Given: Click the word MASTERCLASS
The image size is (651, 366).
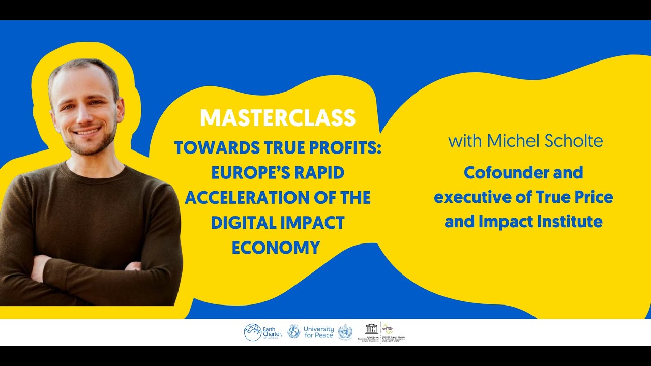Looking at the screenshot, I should [278, 118].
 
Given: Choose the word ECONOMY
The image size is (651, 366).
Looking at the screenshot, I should [276, 247].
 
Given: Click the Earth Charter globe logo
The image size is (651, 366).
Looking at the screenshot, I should [252, 332].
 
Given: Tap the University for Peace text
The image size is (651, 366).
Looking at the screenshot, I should [319, 332].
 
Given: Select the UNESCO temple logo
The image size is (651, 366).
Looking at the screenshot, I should [372, 329].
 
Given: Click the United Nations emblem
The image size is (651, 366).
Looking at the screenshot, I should [345, 332].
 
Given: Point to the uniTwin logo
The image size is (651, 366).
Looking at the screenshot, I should [388, 329].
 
